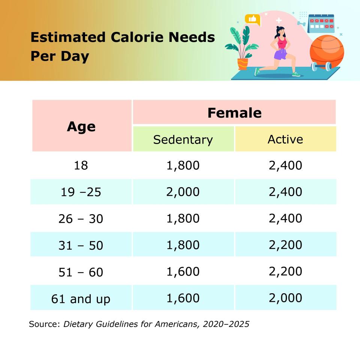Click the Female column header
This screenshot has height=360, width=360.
(x=234, y=112)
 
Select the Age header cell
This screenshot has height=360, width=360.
(x=81, y=126)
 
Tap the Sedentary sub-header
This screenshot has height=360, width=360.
(x=183, y=139)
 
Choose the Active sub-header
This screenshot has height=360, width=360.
(x=285, y=139)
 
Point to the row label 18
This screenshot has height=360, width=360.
(x=81, y=165)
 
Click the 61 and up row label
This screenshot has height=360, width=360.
(x=81, y=299)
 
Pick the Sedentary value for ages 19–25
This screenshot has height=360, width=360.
(x=183, y=192)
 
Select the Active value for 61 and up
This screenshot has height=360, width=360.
(x=285, y=298)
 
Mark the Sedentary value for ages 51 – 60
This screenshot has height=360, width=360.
(x=183, y=271)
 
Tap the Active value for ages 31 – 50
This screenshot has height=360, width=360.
(x=285, y=244)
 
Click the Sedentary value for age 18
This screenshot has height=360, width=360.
(x=183, y=165)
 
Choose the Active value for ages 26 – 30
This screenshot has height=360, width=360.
(x=285, y=218)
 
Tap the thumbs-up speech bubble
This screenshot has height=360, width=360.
(x=252, y=19)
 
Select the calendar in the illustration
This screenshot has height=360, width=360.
(x=321, y=23)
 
